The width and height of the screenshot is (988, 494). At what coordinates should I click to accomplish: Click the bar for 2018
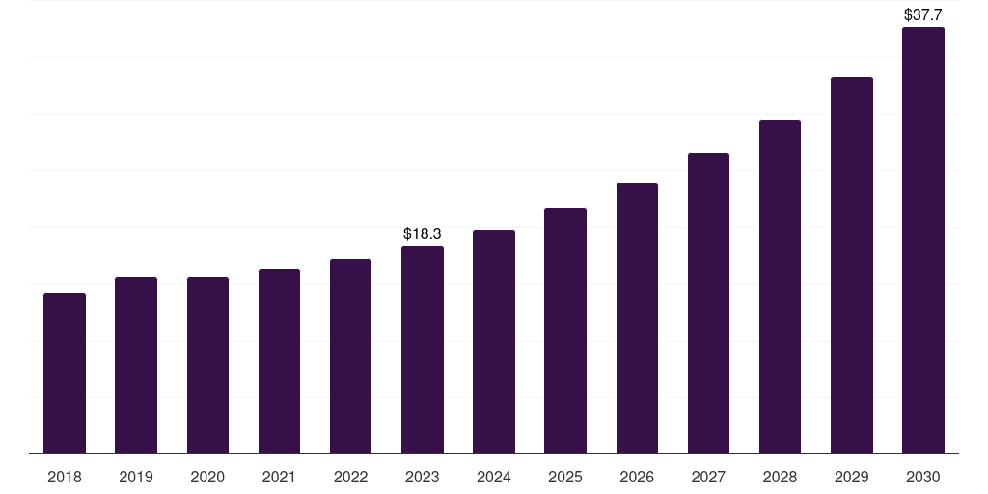pyautogui.click(x=65, y=373)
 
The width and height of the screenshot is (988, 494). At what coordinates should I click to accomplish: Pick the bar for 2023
pyautogui.click(x=423, y=349)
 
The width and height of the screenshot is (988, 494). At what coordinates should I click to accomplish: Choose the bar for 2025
pyautogui.click(x=565, y=331)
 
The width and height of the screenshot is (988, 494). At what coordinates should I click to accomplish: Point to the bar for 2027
pyautogui.click(x=708, y=303)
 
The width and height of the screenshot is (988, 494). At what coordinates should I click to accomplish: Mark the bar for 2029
pyautogui.click(x=852, y=265)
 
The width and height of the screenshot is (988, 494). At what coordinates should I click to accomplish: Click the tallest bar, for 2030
pyautogui.click(x=923, y=240)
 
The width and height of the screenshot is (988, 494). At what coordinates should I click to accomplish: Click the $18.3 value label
pyautogui.click(x=423, y=233)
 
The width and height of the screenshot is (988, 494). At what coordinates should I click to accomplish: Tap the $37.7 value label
pyautogui.click(x=923, y=14)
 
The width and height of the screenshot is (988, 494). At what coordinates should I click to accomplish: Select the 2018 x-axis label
pyautogui.click(x=65, y=477)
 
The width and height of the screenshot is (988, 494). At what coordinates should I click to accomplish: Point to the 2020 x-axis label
pyautogui.click(x=207, y=477)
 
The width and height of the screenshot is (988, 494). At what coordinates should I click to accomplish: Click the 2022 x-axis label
pyautogui.click(x=350, y=477)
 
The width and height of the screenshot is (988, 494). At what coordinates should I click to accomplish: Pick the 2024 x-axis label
pyautogui.click(x=494, y=477)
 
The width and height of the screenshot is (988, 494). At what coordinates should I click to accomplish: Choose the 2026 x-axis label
pyautogui.click(x=637, y=477)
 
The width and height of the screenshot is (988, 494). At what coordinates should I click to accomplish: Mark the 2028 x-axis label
pyautogui.click(x=780, y=477)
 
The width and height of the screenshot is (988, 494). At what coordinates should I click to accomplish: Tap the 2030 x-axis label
pyautogui.click(x=923, y=477)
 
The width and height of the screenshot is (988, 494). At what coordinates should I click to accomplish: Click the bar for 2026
pyautogui.click(x=637, y=318)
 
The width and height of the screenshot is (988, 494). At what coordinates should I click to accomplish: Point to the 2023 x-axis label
pyautogui.click(x=423, y=477)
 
